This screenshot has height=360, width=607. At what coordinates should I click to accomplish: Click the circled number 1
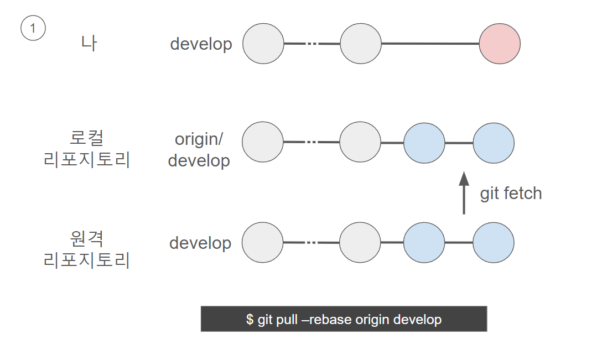click(33, 28)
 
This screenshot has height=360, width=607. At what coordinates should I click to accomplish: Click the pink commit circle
click(500, 44)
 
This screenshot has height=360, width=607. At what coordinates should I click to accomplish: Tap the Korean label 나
click(89, 43)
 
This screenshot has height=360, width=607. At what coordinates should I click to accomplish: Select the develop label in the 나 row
click(201, 44)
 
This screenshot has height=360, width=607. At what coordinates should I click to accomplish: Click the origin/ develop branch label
click(199, 150)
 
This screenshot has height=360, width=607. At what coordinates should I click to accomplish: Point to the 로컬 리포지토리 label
click(86, 149)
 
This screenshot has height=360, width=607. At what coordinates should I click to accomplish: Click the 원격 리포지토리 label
click(86, 249)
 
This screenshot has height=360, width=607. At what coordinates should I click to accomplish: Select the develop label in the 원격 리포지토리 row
click(200, 243)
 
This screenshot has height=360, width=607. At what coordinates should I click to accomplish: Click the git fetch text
click(511, 194)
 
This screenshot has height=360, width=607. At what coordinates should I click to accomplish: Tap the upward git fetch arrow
click(464, 192)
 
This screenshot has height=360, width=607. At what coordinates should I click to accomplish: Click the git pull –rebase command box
click(344, 319)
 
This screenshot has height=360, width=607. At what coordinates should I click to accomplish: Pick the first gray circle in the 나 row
click(263, 44)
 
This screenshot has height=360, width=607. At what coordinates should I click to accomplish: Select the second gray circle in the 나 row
click(360, 44)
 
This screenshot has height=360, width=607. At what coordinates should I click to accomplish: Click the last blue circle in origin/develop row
click(494, 143)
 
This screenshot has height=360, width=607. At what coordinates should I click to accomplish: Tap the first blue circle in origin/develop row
click(424, 143)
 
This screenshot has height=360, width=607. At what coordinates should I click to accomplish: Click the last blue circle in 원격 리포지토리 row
click(493, 242)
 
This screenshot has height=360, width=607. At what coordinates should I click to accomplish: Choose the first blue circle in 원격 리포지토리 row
click(424, 242)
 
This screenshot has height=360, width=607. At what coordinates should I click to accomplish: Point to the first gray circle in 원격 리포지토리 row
click(262, 242)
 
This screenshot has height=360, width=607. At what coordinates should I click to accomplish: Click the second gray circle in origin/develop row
click(360, 142)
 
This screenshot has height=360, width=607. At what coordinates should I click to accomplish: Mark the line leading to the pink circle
click(430, 44)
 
